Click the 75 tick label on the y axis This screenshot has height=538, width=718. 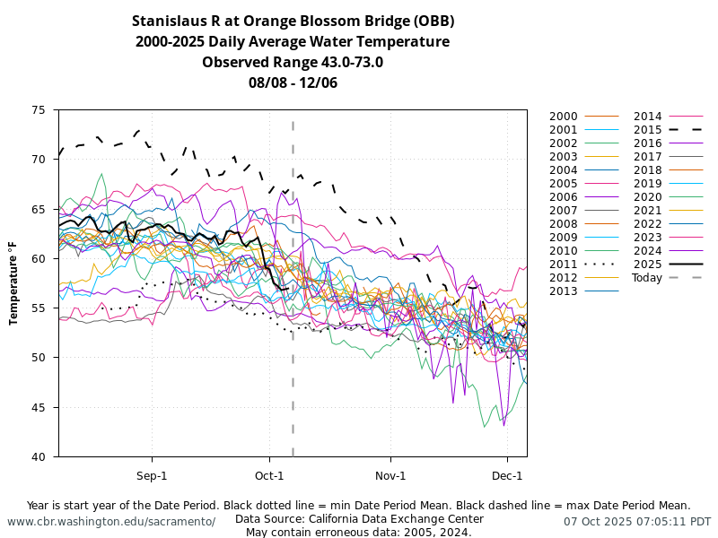(x=39, y=110)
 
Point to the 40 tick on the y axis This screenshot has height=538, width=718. (x=39, y=456)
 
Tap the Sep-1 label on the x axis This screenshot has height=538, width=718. (x=152, y=475)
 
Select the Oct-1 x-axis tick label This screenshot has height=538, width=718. (x=269, y=475)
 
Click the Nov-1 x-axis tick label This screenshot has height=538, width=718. (x=390, y=475)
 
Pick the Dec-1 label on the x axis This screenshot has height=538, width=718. (x=507, y=475)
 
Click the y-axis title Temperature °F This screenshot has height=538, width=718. (x=14, y=283)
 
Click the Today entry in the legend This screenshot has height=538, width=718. (x=646, y=278)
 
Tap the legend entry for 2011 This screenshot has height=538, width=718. (x=564, y=265)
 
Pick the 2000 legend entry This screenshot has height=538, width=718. (x=564, y=117)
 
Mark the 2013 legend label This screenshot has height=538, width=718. (x=564, y=291)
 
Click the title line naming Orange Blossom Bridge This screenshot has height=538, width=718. (x=293, y=21)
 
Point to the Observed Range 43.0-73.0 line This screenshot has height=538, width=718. (x=293, y=62)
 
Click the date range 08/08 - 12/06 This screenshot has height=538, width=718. (x=293, y=82)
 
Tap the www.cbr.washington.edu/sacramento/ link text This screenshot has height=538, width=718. (x=111, y=521)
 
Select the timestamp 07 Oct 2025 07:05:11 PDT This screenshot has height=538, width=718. (x=637, y=521)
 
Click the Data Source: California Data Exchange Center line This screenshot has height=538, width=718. (x=359, y=518)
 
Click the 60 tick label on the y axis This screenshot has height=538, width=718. (x=39, y=258)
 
